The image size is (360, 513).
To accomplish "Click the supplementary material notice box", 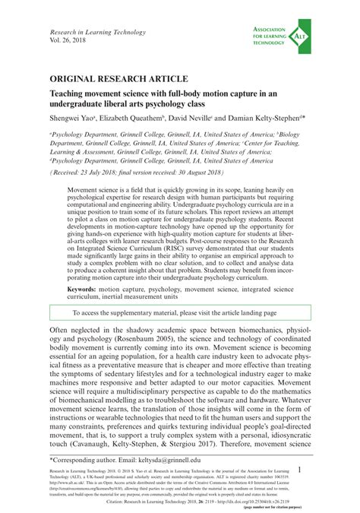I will (x=180, y=313).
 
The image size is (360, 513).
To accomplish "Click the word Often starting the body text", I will (x=64, y=332).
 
